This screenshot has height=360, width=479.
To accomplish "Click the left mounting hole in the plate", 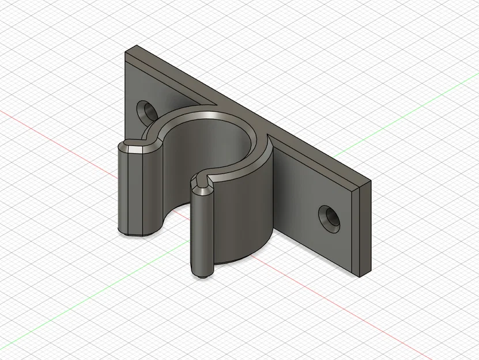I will pyautogui.click(x=145, y=110).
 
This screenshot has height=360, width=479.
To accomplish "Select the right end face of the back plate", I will pyautogui.click(x=364, y=228).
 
